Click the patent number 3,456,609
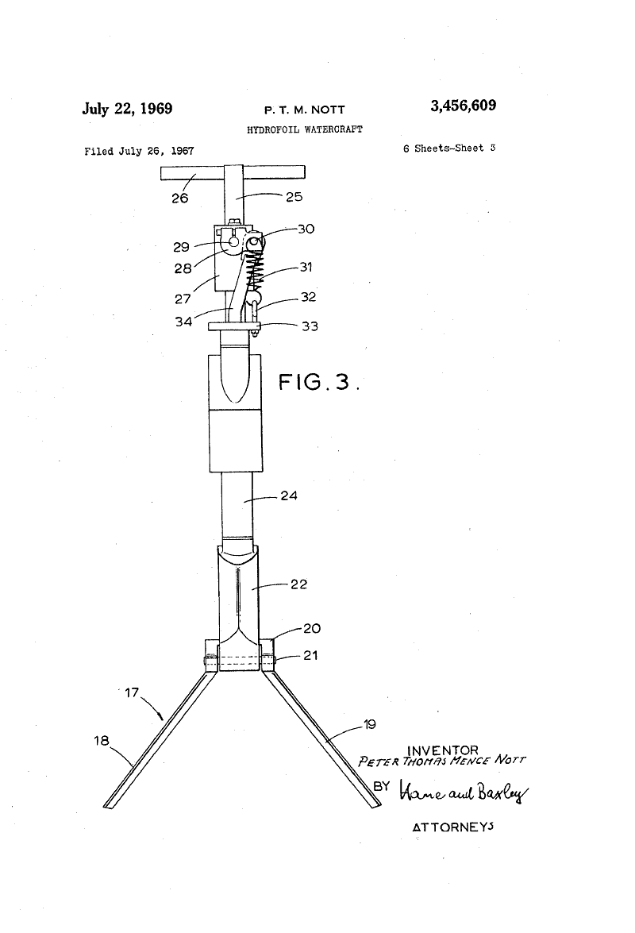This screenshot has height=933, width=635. pos(464,106)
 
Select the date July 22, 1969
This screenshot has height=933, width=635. pos(127,109)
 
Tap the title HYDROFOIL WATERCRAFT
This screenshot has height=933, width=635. pos(305,129)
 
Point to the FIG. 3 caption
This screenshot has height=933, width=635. pos(319,381)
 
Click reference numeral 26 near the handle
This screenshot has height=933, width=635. pos(180,199)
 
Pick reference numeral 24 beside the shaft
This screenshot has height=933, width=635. pos(289,495)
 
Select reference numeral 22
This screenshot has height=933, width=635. pos(299,584)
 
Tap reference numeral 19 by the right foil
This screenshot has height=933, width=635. pos(370,724)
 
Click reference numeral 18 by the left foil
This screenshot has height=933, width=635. pos(102,741)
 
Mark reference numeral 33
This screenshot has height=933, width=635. pos(310,326)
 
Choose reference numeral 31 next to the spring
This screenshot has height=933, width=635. pos(306,267)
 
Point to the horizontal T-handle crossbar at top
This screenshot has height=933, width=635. pos(233,172)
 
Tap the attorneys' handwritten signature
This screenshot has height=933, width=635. pos(464,792)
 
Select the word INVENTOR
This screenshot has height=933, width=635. pos(442,751)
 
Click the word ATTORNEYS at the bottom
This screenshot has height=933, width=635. pos(453,827)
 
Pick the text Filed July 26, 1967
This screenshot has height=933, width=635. pos(139,151)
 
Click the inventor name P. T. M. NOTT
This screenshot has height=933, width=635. pos(305,110)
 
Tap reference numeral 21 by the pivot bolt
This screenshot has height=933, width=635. pos(310,655)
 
